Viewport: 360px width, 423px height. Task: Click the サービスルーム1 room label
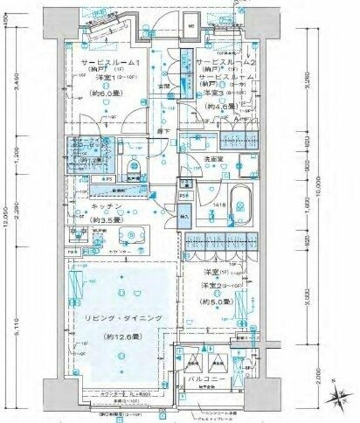click(x=110, y=62)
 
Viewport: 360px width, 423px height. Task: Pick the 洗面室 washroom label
click(x=211, y=159)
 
